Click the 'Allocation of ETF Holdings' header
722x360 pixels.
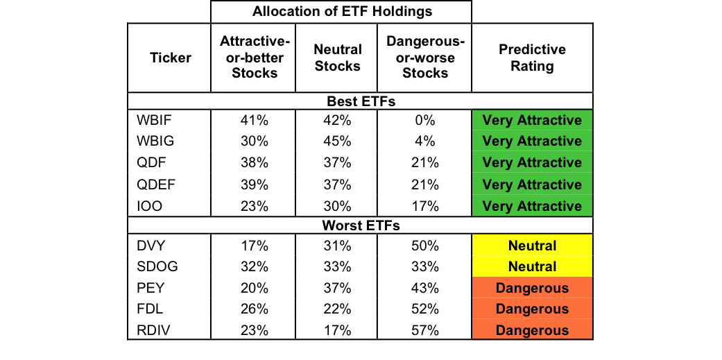pos(341,12)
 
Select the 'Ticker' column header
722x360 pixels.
pos(170,58)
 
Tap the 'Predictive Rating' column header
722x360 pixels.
pos(532,58)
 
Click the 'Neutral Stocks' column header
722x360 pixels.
pos(338,58)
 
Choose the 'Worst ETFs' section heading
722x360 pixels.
pos(361,225)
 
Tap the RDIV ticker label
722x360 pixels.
pos(153,331)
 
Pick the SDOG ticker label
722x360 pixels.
pos(156,267)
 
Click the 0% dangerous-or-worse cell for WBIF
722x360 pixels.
pos(425,121)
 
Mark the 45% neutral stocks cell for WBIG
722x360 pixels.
pos(338,142)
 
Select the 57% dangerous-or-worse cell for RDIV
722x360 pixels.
pos(425,331)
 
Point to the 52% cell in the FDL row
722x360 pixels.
pos(425,309)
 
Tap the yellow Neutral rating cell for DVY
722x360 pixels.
pos(532,246)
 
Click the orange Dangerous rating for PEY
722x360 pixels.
pos(532,289)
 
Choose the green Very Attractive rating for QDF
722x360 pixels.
pos(532,163)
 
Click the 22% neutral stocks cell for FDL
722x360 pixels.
pos(338,309)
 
